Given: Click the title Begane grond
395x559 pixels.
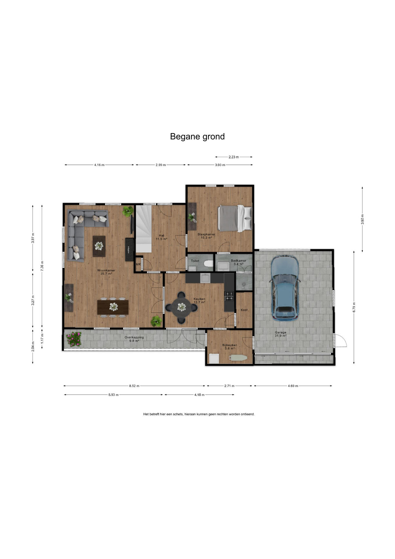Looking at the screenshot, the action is (197, 137).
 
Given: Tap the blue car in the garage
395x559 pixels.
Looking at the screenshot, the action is (285, 288).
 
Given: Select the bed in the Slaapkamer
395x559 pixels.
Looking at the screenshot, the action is (235, 218).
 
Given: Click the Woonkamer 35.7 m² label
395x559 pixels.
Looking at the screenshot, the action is (106, 272).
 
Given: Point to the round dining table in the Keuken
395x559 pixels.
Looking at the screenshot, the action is (182, 307).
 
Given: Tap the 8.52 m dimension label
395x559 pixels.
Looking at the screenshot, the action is (134, 386).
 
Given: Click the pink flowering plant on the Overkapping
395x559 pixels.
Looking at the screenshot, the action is (74, 339).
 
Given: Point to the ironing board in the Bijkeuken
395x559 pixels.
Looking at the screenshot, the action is (238, 358).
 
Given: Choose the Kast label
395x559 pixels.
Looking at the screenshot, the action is (244, 310).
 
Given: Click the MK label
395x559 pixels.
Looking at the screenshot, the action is (138, 264).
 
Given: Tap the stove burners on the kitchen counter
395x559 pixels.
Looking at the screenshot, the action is (229, 296).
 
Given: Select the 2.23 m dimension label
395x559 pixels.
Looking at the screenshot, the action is (234, 157).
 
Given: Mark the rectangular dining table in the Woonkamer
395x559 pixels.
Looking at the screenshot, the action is (113, 307).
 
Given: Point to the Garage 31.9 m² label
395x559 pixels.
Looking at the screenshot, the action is (280, 334).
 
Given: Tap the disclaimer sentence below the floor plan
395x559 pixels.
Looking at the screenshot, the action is (199, 414).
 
